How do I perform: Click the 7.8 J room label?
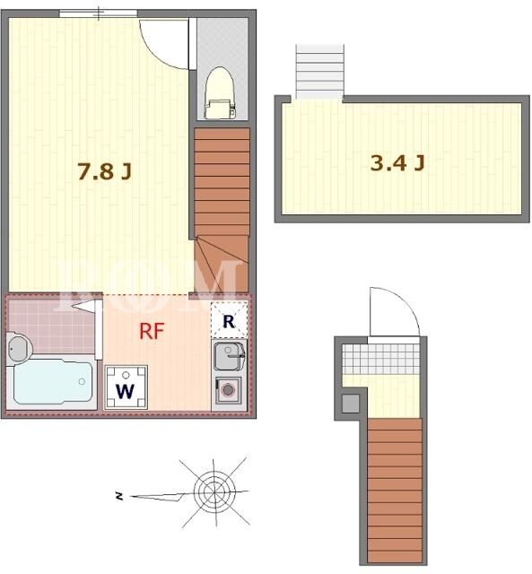point(105,171)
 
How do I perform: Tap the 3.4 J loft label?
point(397,162)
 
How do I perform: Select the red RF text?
point(152,331)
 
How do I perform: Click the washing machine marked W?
point(126,387)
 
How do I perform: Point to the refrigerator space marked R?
point(229,320)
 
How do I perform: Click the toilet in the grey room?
point(219,93)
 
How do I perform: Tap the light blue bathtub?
point(53,381)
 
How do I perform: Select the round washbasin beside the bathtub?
point(20,349)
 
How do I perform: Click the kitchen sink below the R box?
point(229,355)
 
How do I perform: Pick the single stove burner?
point(228,390)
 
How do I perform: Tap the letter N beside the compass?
point(118,496)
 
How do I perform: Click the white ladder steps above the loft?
point(320,71)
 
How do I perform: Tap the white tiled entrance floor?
point(380,359)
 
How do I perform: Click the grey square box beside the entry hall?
point(351,404)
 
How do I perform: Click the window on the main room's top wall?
point(99,13)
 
